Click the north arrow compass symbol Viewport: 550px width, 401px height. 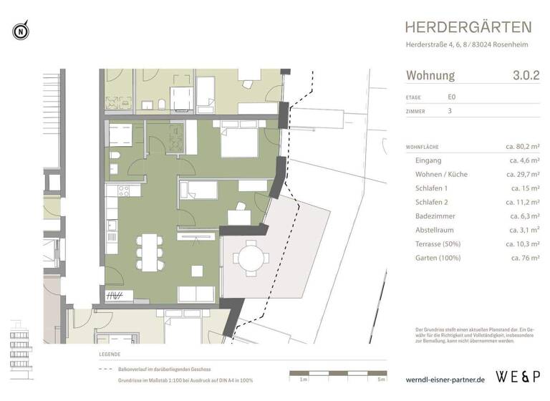(21, 31)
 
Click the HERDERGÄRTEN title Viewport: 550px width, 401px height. (468, 27)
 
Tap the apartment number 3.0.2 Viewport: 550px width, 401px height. (526, 75)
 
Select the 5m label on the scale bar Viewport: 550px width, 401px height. (382, 379)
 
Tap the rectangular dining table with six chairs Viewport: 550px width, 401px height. (149, 252)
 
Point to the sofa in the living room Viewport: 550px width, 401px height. (196, 294)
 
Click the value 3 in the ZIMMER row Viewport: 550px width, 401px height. (449, 111)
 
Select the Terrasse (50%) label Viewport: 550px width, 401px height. (440, 243)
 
